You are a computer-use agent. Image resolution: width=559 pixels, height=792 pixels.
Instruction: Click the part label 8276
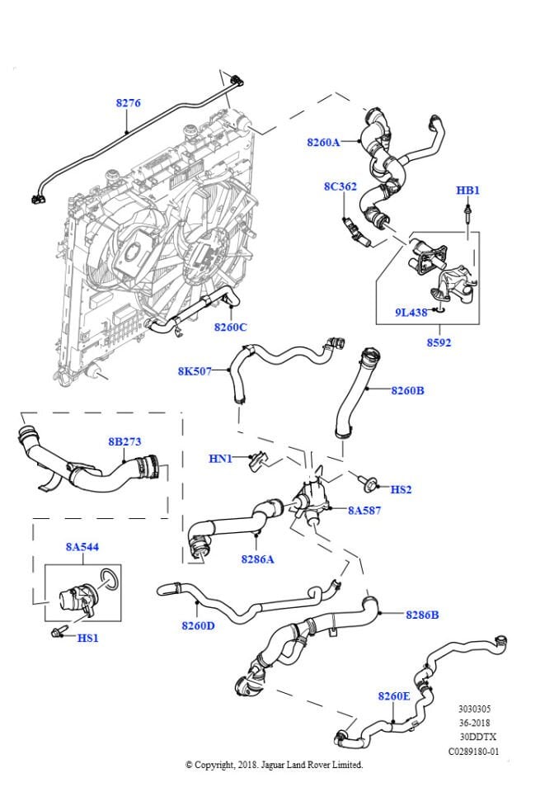click(x=128, y=103)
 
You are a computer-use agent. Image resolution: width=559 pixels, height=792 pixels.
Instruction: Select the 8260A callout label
click(x=323, y=142)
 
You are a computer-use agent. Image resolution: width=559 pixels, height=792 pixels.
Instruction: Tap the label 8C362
click(x=340, y=186)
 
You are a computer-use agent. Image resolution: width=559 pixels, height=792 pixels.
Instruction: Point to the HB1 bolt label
click(x=467, y=190)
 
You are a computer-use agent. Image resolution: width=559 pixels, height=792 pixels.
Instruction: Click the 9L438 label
click(x=410, y=313)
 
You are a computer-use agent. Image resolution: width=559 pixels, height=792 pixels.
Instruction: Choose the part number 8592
click(x=439, y=342)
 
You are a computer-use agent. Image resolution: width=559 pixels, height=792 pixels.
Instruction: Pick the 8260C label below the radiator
click(x=231, y=327)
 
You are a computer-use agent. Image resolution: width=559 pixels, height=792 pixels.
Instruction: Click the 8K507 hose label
click(x=195, y=371)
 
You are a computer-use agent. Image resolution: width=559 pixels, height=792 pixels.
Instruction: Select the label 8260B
click(x=407, y=390)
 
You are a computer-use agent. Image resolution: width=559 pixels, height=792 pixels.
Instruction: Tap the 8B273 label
click(x=125, y=441)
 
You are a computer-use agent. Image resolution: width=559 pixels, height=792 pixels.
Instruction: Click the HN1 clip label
click(x=220, y=458)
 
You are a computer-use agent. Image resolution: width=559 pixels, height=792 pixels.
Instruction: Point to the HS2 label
click(x=401, y=489)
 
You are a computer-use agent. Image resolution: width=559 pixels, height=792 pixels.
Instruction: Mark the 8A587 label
click(x=364, y=511)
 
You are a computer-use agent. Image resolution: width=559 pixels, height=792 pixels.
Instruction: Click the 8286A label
click(x=257, y=559)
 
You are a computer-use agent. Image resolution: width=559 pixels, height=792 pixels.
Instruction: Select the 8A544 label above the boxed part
click(x=82, y=547)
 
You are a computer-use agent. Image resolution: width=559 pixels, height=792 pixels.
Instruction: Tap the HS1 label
click(x=87, y=638)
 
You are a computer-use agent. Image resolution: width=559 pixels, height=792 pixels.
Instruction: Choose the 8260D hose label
click(x=198, y=625)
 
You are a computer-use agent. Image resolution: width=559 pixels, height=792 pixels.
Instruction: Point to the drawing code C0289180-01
click(x=473, y=752)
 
